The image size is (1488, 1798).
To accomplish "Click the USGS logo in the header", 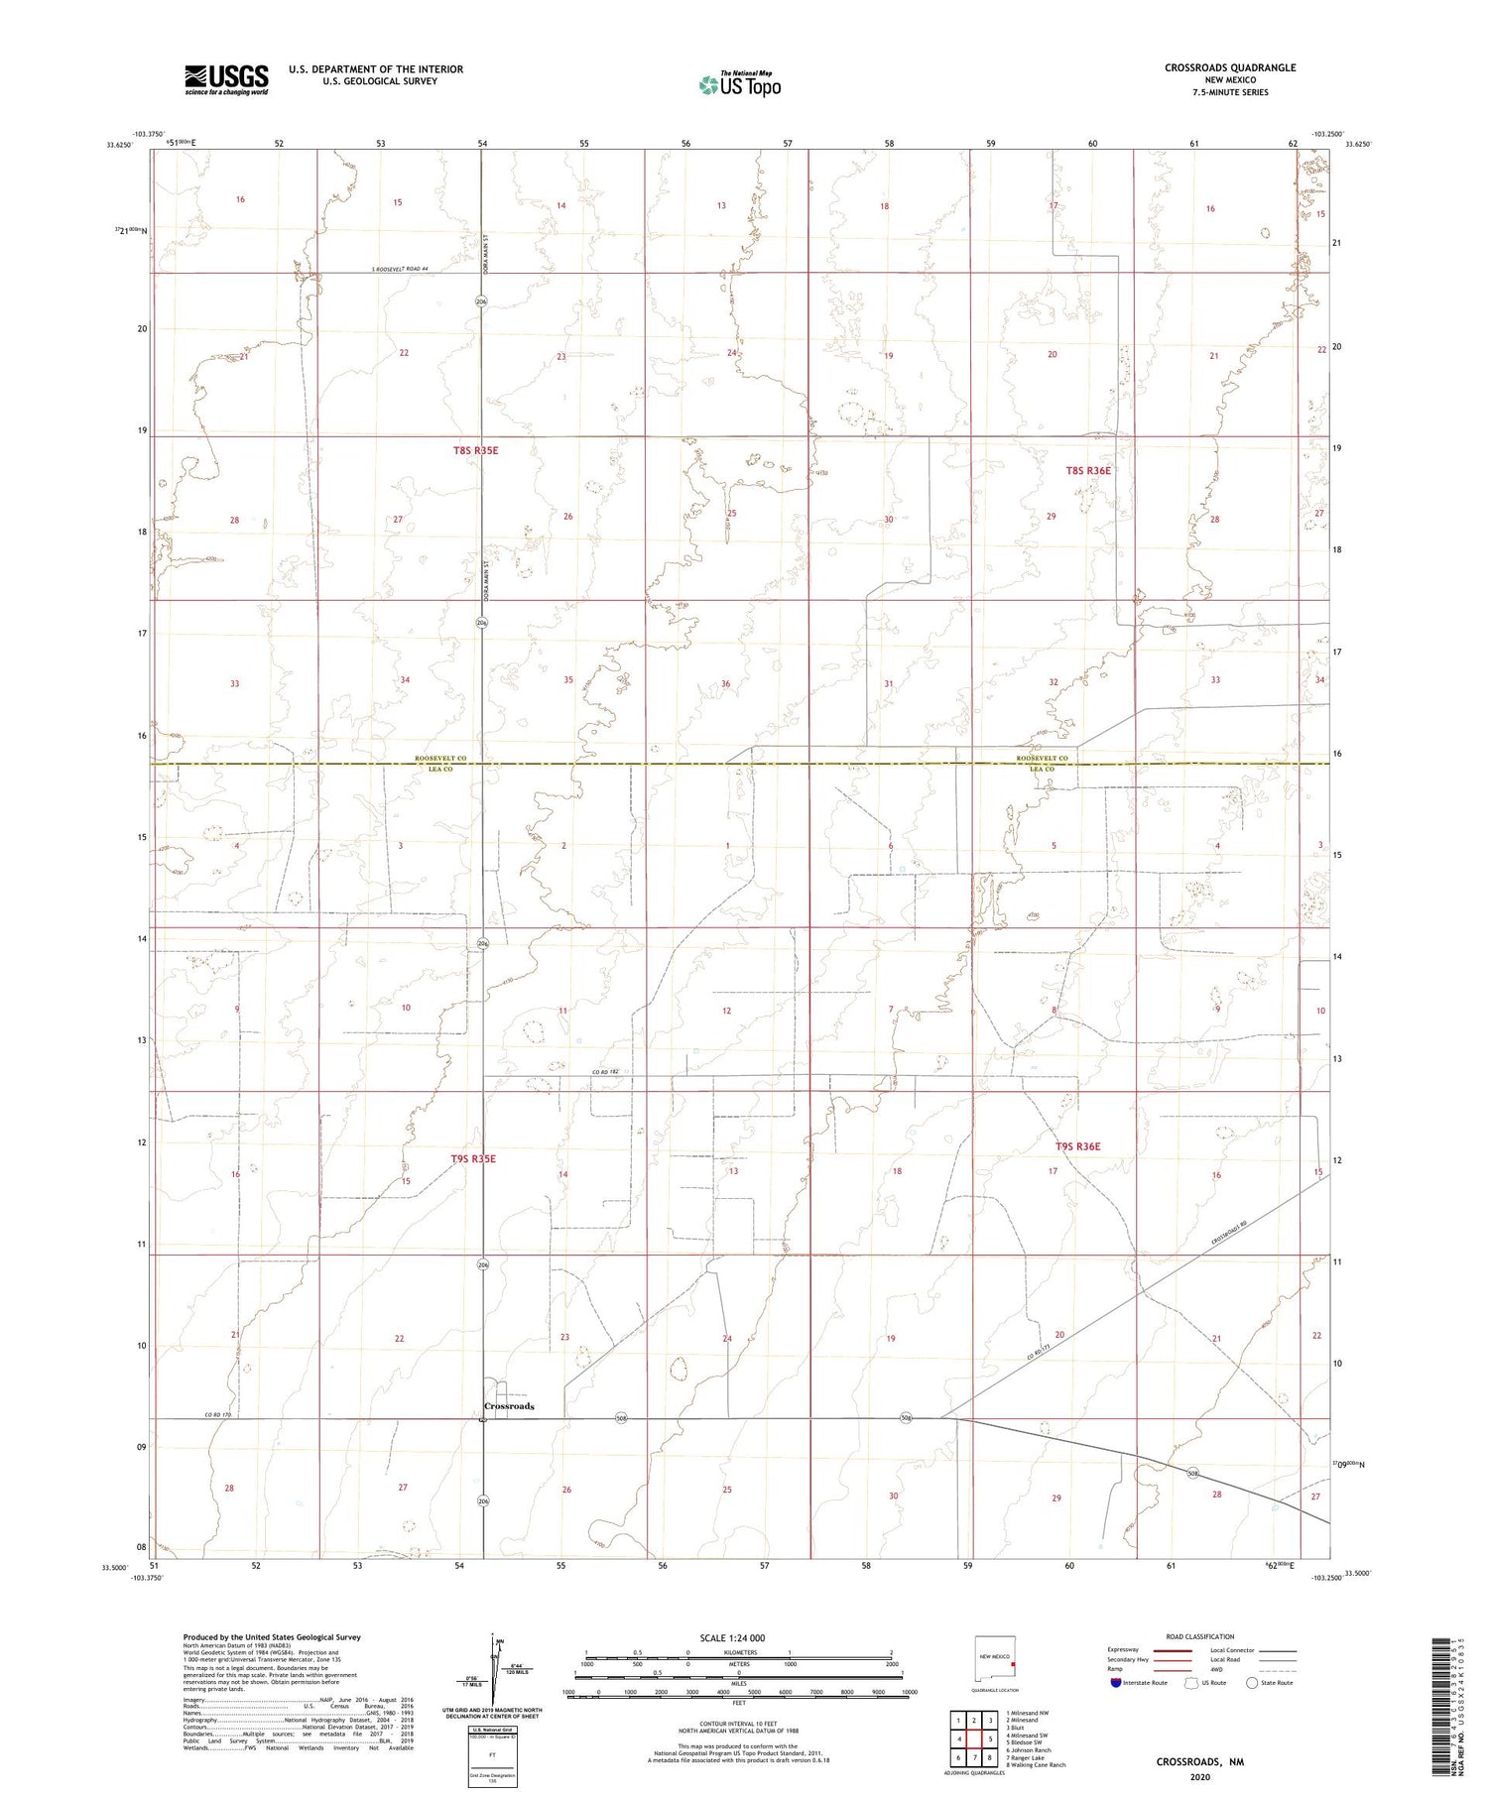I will click(226, 79).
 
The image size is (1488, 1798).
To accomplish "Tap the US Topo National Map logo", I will click(740, 84).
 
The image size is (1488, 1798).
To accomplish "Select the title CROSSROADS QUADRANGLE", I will click(1230, 67).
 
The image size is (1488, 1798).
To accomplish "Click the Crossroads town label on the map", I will click(509, 1406).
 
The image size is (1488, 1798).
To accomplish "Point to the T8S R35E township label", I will click(475, 450).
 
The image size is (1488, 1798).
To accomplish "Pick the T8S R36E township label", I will click(1088, 470).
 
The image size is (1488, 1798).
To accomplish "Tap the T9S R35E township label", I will click(473, 1158).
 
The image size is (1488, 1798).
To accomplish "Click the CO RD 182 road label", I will click(605, 1072).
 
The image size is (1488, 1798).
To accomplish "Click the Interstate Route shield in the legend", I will click(1116, 1683).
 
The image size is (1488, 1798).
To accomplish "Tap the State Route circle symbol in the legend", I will click(1253, 1683).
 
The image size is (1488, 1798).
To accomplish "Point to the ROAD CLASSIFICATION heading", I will click(1200, 1637).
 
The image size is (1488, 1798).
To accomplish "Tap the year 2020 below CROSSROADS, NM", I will click(1200, 1777).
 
